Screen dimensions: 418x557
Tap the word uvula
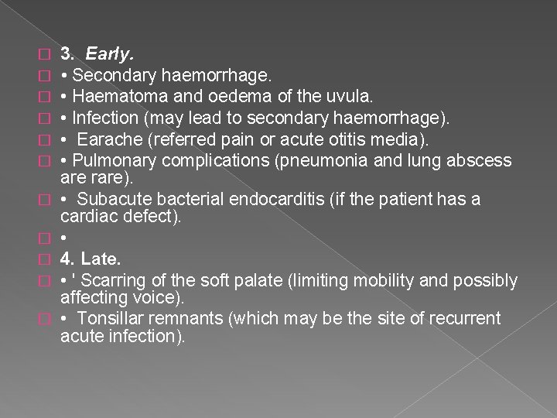point(351,97)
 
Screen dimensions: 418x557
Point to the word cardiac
point(85,218)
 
